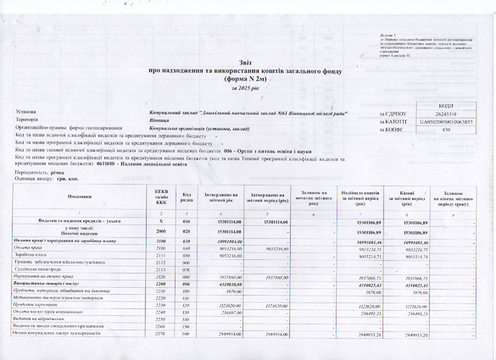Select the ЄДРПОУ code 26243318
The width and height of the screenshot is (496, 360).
point(446,114)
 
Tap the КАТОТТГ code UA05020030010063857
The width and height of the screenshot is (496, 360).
point(446,122)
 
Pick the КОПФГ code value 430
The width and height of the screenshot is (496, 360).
point(446,130)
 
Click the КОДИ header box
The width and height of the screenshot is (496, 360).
point(446,106)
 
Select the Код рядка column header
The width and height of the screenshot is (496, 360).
point(185,196)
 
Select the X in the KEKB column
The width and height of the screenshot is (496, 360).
point(162,221)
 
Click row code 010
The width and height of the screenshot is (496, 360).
point(185,221)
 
